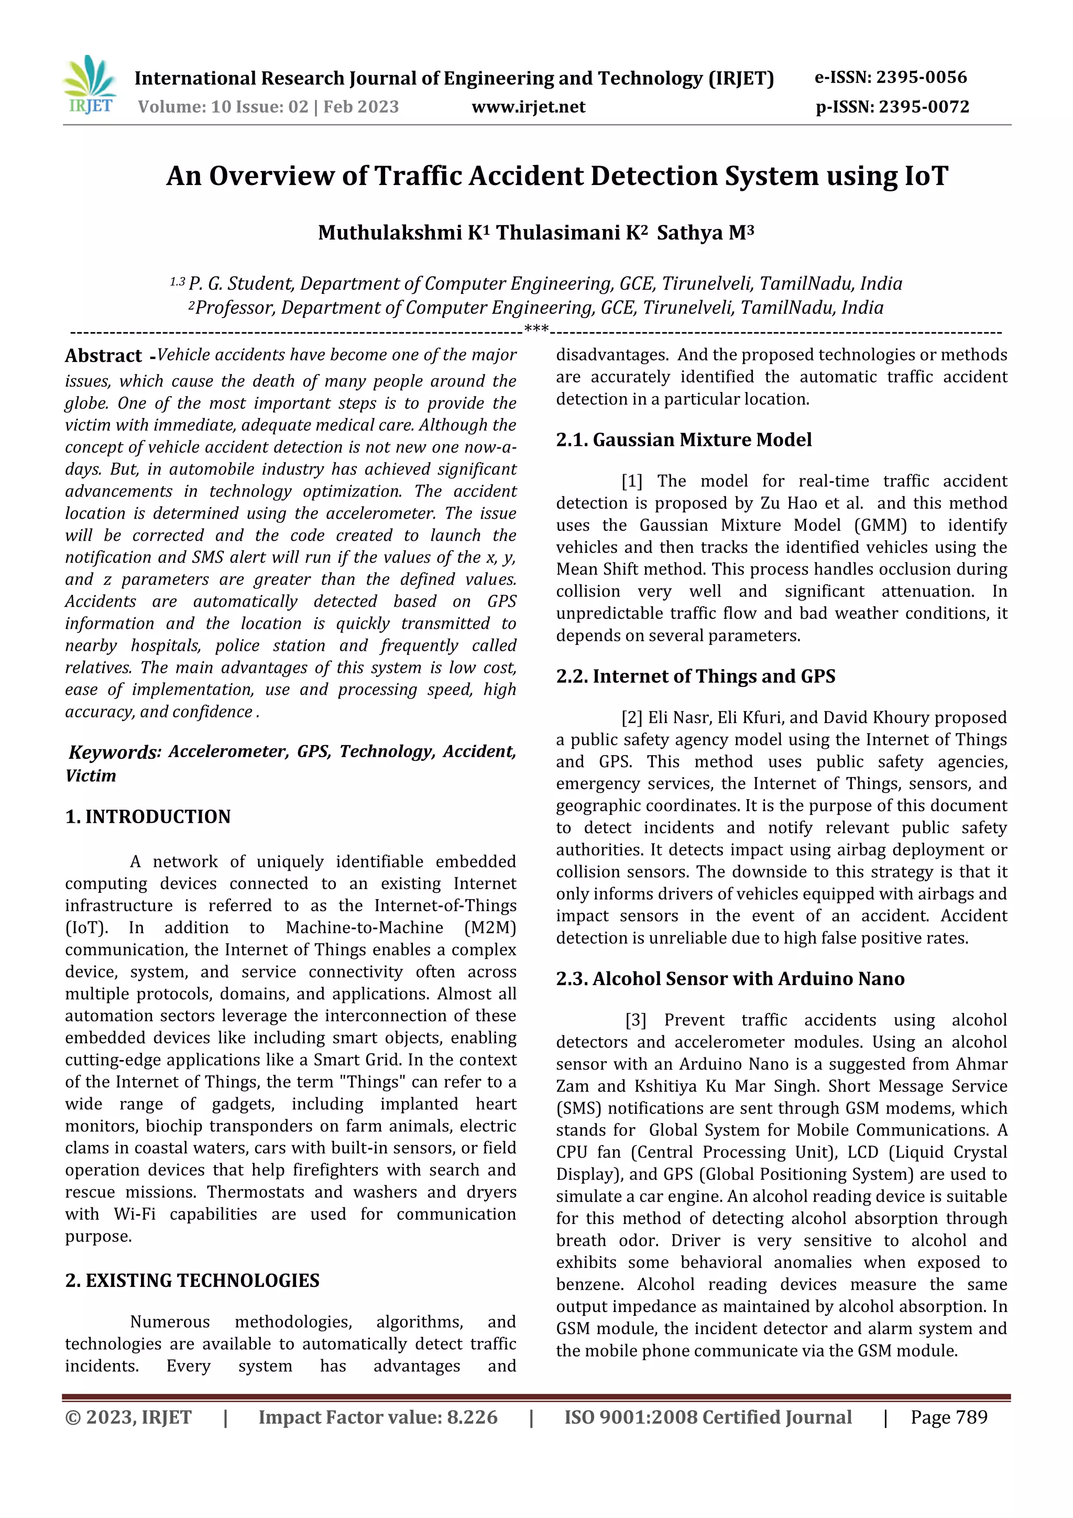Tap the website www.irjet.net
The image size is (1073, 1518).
(x=528, y=107)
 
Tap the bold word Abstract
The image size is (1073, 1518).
(x=104, y=356)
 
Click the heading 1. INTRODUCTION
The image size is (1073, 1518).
(x=148, y=816)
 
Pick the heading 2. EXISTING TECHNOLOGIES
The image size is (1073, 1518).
(x=192, y=1281)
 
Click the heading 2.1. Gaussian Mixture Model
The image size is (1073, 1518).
(x=684, y=440)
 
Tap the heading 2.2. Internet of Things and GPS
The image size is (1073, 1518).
(x=695, y=676)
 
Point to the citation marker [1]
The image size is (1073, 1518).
(x=632, y=482)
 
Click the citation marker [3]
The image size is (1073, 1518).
(x=636, y=1020)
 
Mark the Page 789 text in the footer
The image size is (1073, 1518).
(x=949, y=1417)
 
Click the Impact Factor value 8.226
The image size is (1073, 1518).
(x=472, y=1417)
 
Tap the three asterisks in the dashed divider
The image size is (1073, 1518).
(x=536, y=329)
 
